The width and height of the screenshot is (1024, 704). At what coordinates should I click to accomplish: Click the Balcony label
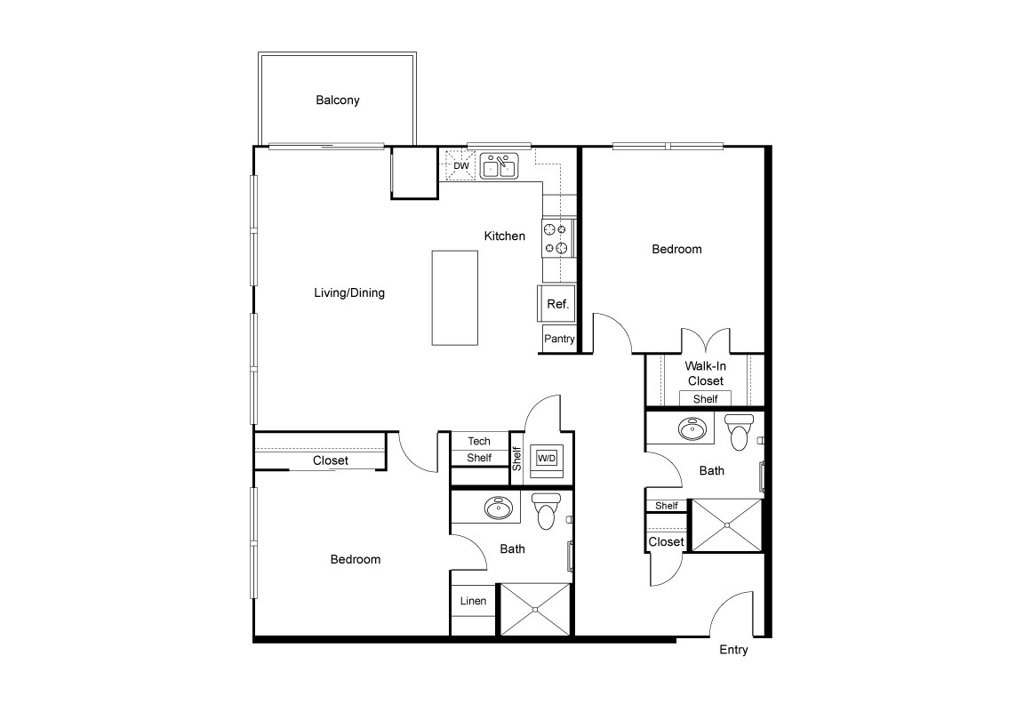pyautogui.click(x=338, y=100)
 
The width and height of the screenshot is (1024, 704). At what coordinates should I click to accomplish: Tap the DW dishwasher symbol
pyautogui.click(x=461, y=165)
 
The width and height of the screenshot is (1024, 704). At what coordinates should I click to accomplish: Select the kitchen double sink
pyautogui.click(x=500, y=166)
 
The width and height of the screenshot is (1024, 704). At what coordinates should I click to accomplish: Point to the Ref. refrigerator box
pyautogui.click(x=557, y=304)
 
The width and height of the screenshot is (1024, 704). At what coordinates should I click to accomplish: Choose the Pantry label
pyautogui.click(x=560, y=339)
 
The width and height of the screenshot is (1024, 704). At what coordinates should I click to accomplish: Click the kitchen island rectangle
pyautogui.click(x=454, y=298)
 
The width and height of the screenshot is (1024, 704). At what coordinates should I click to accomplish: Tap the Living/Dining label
pyautogui.click(x=349, y=292)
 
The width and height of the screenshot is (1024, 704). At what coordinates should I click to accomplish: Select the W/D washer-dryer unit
pyautogui.click(x=547, y=459)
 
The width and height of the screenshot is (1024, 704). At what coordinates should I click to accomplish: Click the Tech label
pyautogui.click(x=479, y=441)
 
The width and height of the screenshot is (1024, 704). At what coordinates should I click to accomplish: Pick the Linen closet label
pyautogui.click(x=473, y=601)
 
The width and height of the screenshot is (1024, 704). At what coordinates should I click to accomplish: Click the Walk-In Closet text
pyautogui.click(x=705, y=373)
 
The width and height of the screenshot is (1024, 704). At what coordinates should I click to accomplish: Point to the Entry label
pyautogui.click(x=733, y=650)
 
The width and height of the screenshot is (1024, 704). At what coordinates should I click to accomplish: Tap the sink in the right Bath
pyautogui.click(x=692, y=428)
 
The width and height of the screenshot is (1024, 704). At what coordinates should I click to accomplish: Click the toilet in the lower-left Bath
pyautogui.click(x=546, y=510)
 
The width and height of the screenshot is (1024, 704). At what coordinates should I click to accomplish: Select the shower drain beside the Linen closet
pyautogui.click(x=535, y=610)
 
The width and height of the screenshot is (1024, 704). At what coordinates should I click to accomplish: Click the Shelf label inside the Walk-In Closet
pyautogui.click(x=705, y=399)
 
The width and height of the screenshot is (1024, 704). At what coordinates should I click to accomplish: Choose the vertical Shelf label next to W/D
pyautogui.click(x=516, y=459)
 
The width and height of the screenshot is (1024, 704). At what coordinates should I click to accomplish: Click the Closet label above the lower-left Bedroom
pyautogui.click(x=331, y=460)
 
